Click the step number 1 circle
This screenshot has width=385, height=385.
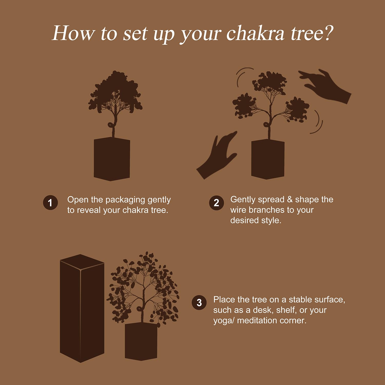point(50,203)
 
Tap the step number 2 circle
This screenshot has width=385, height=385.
point(216,203)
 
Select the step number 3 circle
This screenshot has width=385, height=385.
point(199,303)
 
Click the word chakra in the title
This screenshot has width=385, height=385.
point(255,34)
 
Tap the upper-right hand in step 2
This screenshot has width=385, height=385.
point(325,86)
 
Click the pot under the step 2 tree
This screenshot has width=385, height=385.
point(268,159)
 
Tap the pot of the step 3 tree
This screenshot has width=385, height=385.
point(141,342)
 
